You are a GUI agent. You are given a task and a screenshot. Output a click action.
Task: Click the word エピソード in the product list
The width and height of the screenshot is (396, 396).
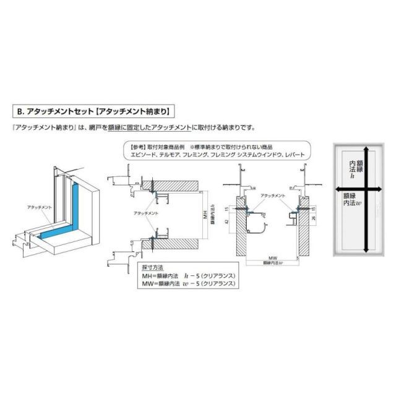click(146, 157)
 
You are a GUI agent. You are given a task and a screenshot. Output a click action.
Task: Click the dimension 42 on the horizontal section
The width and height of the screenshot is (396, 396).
click(228, 220)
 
